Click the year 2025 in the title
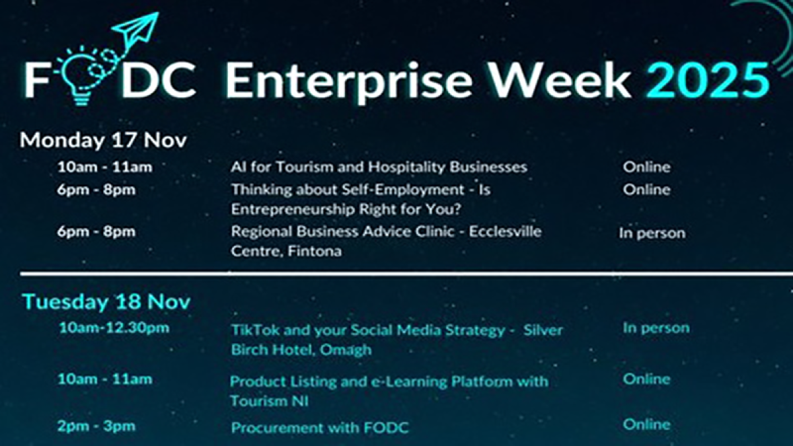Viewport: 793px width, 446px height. (x=708, y=81)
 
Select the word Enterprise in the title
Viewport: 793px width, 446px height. (x=349, y=83)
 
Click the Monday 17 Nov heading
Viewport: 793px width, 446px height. (x=103, y=140)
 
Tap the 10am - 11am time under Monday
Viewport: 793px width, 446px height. (x=105, y=167)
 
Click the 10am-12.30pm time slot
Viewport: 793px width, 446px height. (x=114, y=328)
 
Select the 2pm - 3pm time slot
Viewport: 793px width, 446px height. (x=96, y=426)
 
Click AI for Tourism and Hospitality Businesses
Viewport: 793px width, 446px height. (x=379, y=167)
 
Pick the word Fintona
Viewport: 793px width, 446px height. (x=315, y=251)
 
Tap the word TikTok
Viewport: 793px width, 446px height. (x=254, y=330)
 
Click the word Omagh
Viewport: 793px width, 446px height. (x=346, y=350)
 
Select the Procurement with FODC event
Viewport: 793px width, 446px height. (x=320, y=427)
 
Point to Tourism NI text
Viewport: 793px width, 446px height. (x=269, y=402)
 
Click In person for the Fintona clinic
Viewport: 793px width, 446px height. (x=652, y=233)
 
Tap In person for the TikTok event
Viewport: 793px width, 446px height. (x=656, y=328)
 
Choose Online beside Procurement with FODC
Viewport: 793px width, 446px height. (x=646, y=424)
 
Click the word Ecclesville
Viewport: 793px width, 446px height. (x=505, y=231)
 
